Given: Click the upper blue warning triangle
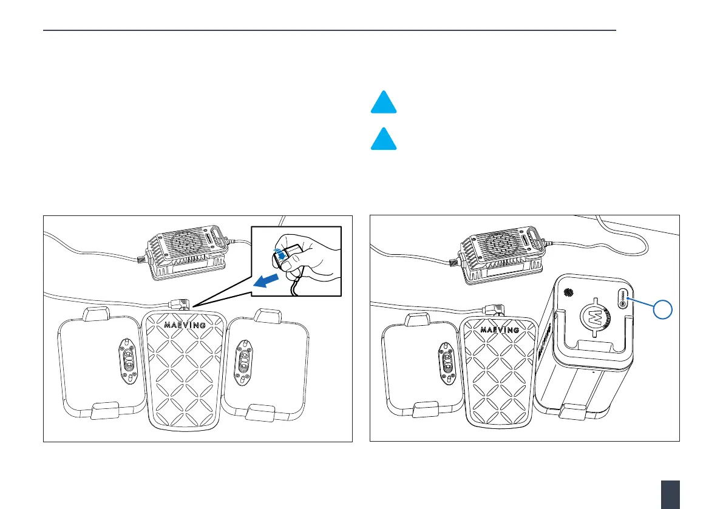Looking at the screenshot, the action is pos(384,103).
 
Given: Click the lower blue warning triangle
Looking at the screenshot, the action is pos(384,140).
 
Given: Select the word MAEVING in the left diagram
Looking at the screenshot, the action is pos(185,325).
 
